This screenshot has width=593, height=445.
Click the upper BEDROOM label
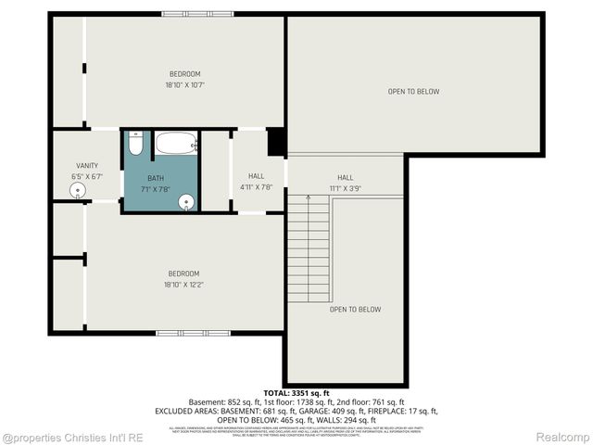(x=184, y=74)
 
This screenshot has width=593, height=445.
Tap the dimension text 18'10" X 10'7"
(x=184, y=85)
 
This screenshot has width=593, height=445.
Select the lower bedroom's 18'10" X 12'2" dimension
(x=183, y=284)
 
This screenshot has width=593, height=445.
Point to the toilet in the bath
(x=135, y=145)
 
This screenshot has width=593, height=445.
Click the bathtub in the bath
(x=175, y=144)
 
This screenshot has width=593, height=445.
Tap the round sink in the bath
(x=186, y=202)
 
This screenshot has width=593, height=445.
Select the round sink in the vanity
(x=76, y=190)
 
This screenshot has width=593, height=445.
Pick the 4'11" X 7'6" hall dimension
(x=256, y=186)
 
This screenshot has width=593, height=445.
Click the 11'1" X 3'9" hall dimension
(x=345, y=188)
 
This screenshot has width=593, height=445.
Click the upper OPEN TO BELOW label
(x=413, y=92)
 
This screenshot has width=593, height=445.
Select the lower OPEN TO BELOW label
(x=355, y=310)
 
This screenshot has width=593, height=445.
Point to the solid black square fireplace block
(x=276, y=143)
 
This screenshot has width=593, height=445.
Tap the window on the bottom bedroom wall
(x=193, y=332)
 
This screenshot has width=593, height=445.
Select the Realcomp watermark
(x=565, y=437)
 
